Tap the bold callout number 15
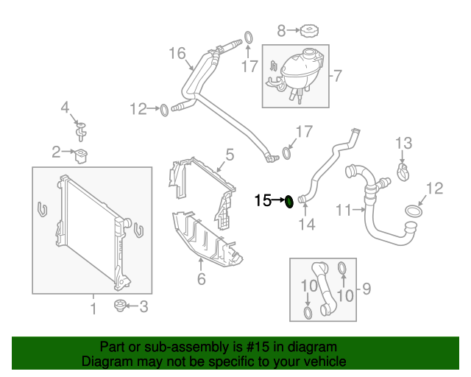click(x=263, y=200)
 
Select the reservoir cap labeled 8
click(x=309, y=31)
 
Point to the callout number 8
click(x=281, y=30)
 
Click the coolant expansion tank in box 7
click(x=294, y=73)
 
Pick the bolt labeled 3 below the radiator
click(x=118, y=306)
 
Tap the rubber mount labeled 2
click(x=81, y=155)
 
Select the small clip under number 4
click(x=80, y=131)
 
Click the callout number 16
click(x=177, y=53)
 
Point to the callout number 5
click(x=230, y=155)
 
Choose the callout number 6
click(x=200, y=278)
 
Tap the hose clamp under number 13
click(x=403, y=173)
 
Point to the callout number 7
click(x=338, y=75)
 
